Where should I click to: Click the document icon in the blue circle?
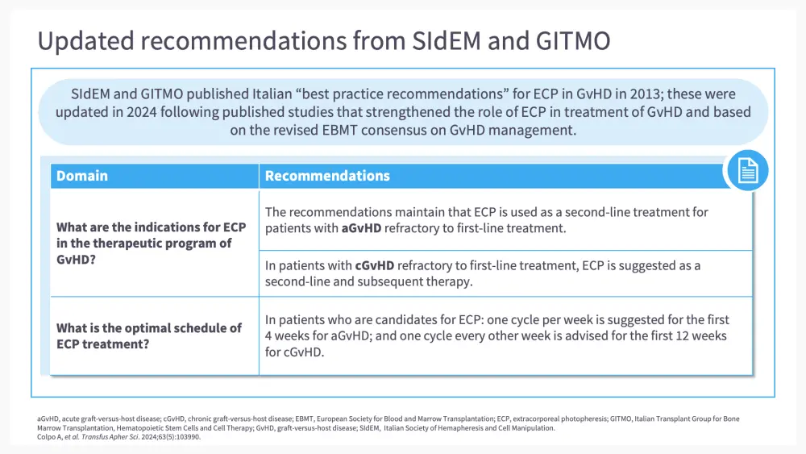click(x=747, y=171)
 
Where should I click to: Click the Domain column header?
click(x=82, y=176)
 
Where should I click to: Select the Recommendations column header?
click(x=327, y=176)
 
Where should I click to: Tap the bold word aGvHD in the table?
click(x=361, y=228)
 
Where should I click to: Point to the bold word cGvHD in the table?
click(x=375, y=266)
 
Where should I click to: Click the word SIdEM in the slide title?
click(x=447, y=40)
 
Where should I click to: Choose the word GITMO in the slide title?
click(x=573, y=40)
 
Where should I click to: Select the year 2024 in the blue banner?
click(x=143, y=112)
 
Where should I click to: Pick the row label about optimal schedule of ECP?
click(x=149, y=336)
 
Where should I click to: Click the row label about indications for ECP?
click(x=152, y=244)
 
